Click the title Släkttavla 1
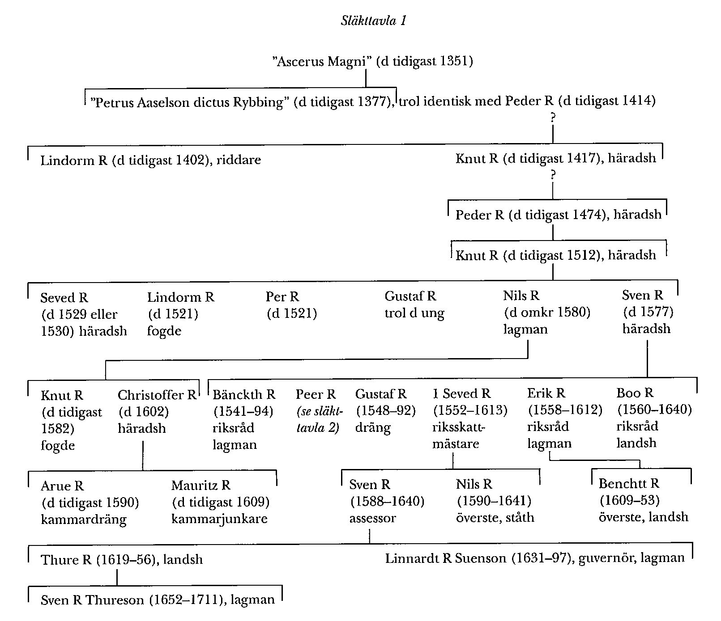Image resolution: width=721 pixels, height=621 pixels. pos(373,21)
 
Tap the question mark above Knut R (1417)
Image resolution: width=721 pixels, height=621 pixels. pos(553,118)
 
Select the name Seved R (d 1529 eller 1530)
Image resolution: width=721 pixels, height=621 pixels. pos(64,298)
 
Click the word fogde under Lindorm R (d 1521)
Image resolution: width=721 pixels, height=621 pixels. pos(164,331)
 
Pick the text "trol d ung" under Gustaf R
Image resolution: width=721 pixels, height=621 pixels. pos(414,313)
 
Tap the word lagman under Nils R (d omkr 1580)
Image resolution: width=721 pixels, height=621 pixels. pos(525,330)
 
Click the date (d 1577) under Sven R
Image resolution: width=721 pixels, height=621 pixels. pos(648,312)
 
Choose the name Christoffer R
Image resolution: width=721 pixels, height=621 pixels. pos(157,395)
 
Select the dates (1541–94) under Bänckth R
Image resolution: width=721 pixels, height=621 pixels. pos(243,411)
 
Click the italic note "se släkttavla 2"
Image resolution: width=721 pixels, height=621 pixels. pos(319,419)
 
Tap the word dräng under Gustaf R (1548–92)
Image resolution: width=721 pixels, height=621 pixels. pos(372,428)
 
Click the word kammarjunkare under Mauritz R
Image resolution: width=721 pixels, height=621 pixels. pos(219,519)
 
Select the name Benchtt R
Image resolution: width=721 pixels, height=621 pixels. pos(628,484)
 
